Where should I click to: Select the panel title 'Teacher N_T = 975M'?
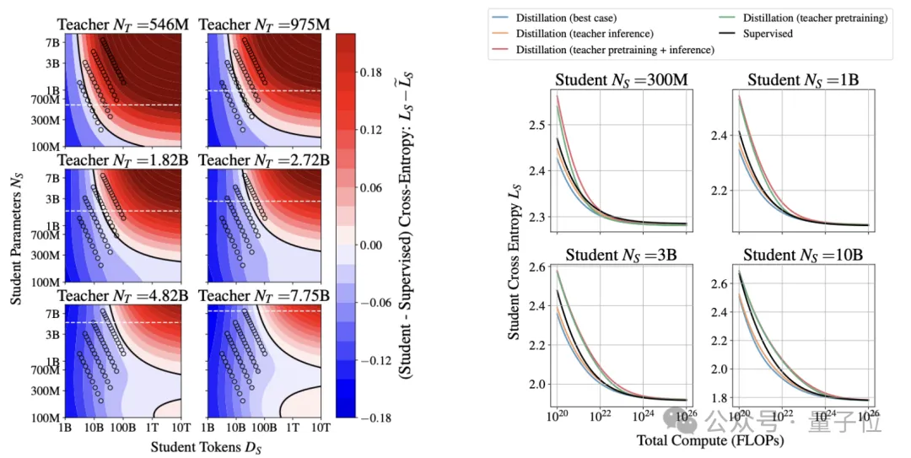266,25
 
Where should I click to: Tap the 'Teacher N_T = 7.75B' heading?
266,297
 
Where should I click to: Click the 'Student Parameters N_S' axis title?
16,228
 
